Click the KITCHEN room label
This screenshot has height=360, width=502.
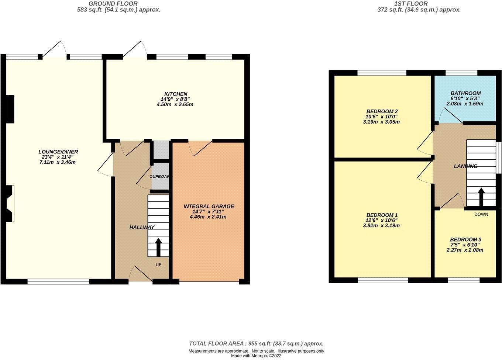tap(176, 94)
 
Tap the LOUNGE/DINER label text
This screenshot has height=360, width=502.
tap(58, 152)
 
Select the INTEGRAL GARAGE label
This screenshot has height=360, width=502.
tap(209, 206)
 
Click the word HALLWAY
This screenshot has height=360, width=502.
tap(142, 227)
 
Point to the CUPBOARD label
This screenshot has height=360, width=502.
tap(159, 176)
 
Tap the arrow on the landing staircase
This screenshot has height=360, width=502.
tap(481, 197)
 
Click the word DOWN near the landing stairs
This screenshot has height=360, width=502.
tap(481, 214)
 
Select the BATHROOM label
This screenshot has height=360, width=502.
tap(465, 93)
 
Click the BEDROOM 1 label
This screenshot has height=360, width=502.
tap(382, 215)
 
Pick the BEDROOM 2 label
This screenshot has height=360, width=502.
tap(382, 111)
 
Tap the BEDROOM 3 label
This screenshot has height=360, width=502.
tap(465, 239)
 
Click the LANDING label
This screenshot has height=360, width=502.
tap(465, 166)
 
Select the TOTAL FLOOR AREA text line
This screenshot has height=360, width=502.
tap(256, 343)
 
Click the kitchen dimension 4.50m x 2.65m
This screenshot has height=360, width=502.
tap(175, 104)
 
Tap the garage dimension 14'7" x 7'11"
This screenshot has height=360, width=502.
tap(209, 212)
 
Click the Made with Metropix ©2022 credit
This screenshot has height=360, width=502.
tap(256, 356)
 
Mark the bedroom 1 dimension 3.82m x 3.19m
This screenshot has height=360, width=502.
tap(382, 225)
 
